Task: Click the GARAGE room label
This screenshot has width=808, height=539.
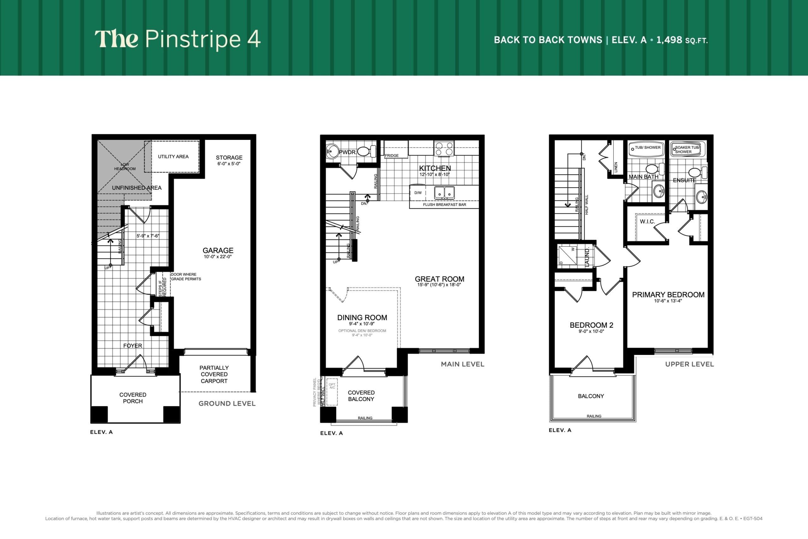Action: (218, 251)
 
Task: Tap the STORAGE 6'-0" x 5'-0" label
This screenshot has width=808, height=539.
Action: (229, 160)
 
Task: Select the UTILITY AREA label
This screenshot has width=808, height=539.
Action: (173, 156)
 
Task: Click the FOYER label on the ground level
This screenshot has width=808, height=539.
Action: (133, 345)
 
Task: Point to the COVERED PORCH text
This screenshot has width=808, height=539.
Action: (133, 398)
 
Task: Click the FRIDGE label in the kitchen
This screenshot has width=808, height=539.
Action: (392, 155)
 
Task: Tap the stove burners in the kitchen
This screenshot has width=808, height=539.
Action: (444, 148)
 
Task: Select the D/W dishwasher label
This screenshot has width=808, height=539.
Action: (418, 193)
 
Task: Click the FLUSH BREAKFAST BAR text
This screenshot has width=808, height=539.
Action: (444, 205)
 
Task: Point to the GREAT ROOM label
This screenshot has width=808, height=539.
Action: (439, 279)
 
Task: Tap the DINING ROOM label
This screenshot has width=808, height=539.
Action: (362, 318)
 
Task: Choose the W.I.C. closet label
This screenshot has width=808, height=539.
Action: (647, 222)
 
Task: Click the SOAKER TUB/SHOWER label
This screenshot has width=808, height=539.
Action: (687, 149)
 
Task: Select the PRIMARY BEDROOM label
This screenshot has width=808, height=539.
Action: (668, 295)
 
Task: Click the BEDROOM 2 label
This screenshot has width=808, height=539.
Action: (591, 325)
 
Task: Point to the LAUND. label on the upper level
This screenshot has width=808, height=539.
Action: (587, 257)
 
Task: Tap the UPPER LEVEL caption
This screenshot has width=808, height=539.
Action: (689, 364)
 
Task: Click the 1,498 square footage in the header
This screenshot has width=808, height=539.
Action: (669, 40)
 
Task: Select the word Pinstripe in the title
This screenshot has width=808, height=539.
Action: (193, 39)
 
